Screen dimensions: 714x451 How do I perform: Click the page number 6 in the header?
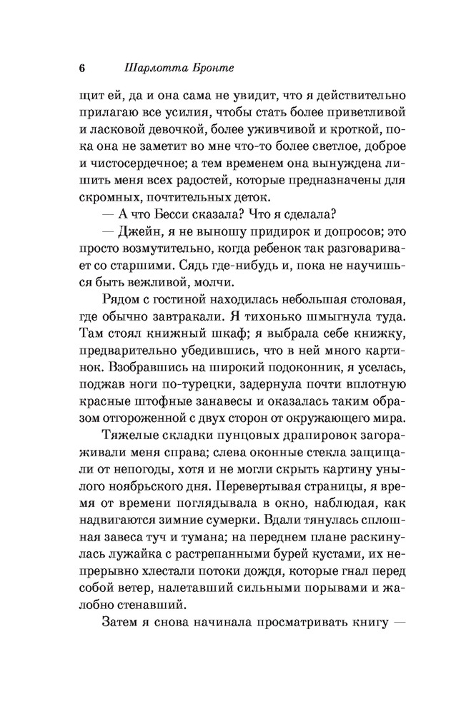coord(81,69)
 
